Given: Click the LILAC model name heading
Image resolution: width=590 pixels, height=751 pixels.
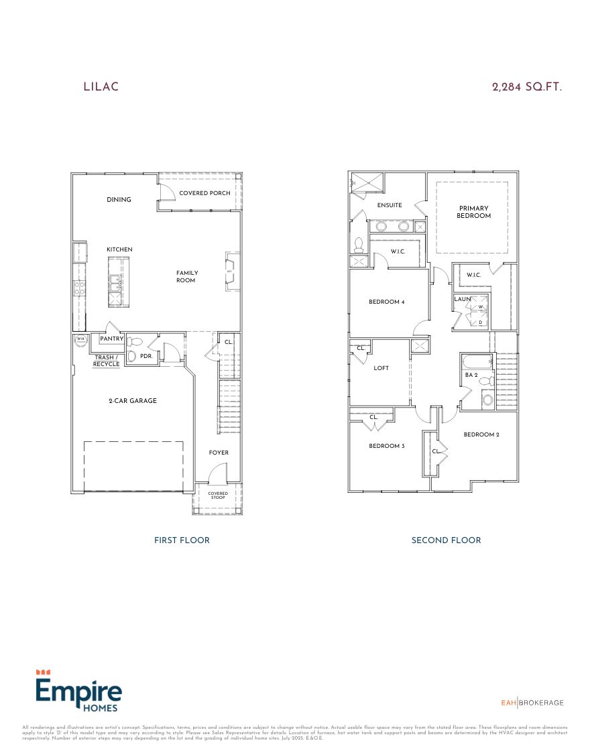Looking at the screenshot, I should click(101, 86).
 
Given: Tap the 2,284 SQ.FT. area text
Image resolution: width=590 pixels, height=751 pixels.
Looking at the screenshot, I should click(526, 86).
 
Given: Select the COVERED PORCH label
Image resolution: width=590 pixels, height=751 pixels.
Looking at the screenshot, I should click(204, 193).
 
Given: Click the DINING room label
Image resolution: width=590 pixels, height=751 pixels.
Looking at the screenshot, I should click(119, 200).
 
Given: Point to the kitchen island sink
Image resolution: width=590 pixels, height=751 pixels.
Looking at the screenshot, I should click(115, 283).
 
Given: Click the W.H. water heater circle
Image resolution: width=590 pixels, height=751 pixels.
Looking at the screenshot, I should click(80, 340).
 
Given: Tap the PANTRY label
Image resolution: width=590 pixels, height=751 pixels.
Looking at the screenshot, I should click(111, 339).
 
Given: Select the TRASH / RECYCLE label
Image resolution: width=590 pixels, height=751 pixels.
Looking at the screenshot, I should click(107, 361).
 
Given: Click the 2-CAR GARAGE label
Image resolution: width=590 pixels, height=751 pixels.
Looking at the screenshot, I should click(133, 401).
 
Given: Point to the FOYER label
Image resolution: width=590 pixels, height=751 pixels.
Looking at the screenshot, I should click(219, 453).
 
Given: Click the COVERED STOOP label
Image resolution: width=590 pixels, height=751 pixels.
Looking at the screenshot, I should click(217, 496).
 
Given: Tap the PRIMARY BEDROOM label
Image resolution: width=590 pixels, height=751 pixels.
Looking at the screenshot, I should click(473, 212).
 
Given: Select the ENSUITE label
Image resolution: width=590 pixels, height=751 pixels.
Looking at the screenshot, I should click(390, 205).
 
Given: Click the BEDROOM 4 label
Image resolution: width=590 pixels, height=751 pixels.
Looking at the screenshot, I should click(387, 302).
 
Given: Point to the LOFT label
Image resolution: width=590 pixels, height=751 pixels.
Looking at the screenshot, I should click(381, 368).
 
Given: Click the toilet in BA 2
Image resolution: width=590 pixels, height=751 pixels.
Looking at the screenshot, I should click(487, 400).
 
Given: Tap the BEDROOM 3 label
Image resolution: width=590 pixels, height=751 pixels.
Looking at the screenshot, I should click(386, 446).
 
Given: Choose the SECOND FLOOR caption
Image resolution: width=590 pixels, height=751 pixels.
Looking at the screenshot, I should click(446, 540).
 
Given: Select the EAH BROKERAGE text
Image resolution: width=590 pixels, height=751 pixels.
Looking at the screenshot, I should click(532, 703).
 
